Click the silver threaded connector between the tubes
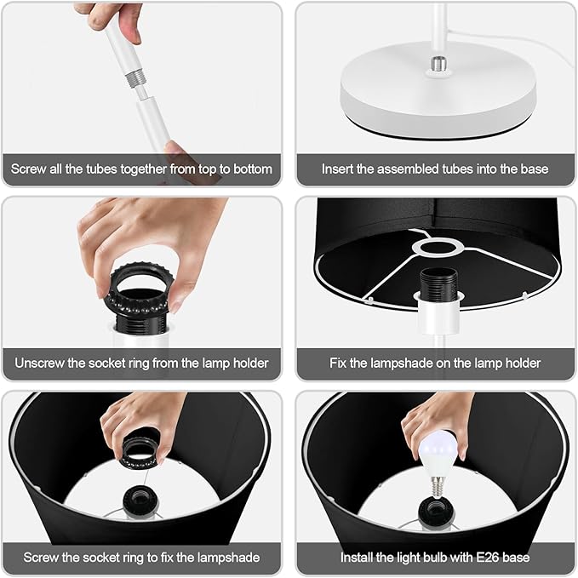[134, 79]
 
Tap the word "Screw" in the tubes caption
[28, 169]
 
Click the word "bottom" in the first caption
[253, 169]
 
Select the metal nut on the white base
[438, 64]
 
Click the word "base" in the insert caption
[535, 169]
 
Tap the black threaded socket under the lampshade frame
[438, 283]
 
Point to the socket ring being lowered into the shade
[142, 447]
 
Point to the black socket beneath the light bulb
[437, 511]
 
